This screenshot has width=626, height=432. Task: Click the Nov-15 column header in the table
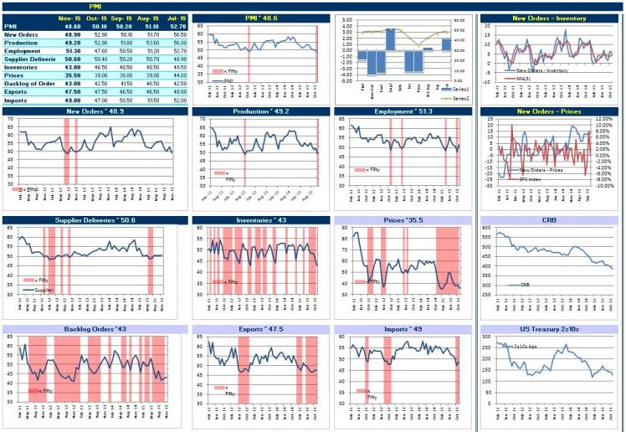click(69, 18)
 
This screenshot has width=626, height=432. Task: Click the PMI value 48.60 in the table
click(69, 26)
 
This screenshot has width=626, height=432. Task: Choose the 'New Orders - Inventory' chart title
click(551, 18)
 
